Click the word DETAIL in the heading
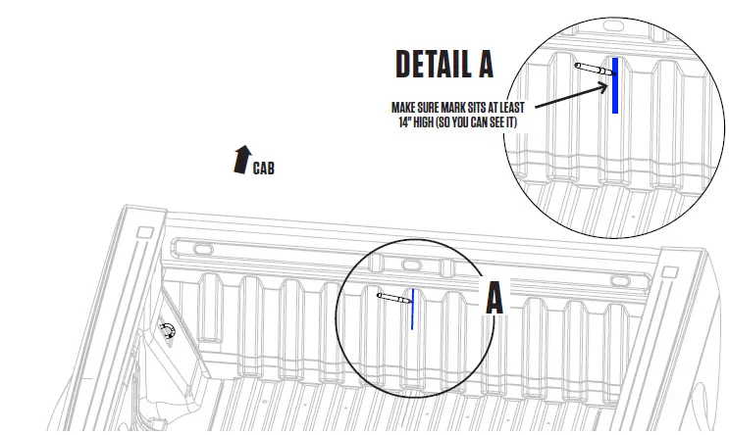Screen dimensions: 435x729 431,64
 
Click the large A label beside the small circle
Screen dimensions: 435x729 495,298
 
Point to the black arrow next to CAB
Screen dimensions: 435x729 240,159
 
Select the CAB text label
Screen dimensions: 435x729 263,169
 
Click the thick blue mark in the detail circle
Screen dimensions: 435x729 614,85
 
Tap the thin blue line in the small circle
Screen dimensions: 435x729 412,308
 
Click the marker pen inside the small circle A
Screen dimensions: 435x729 393,297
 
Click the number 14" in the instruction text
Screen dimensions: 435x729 393,122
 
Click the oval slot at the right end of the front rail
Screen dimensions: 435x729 620,280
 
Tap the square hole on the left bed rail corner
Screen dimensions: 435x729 145,233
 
